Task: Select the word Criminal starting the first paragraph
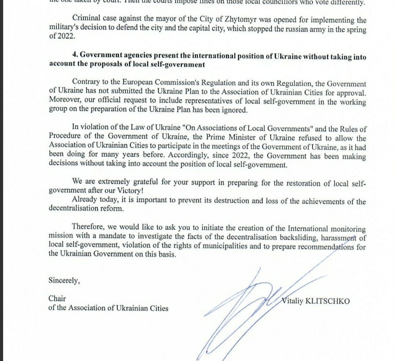(x=86, y=20)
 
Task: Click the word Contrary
(x=85, y=84)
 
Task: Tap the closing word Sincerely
(x=64, y=281)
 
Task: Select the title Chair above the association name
(x=57, y=298)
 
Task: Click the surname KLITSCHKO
(x=328, y=301)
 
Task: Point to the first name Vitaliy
(x=293, y=301)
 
